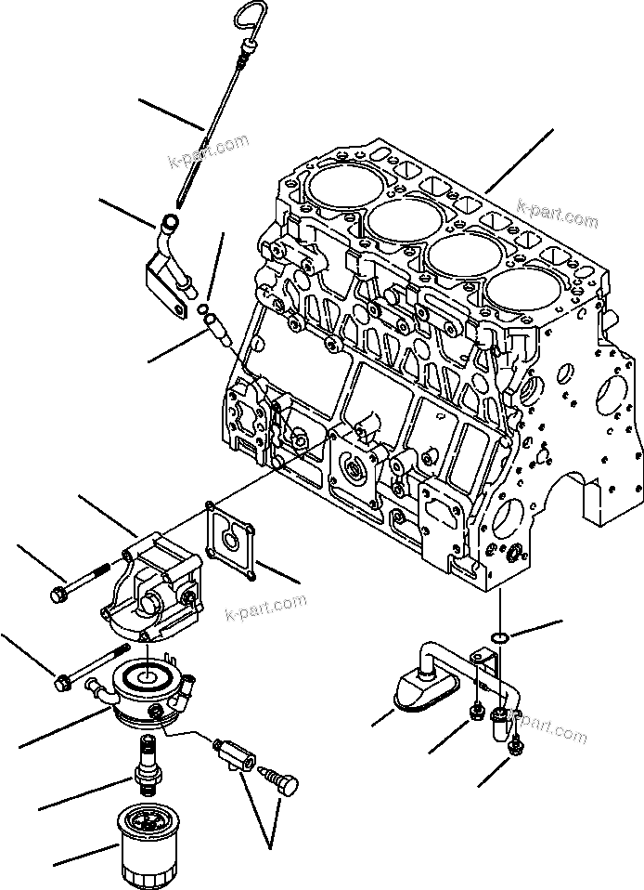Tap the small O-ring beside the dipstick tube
click(x=202, y=308)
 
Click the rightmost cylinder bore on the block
click(x=518, y=299)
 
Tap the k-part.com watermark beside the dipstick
click(x=208, y=151)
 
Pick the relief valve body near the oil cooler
click(x=231, y=752)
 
